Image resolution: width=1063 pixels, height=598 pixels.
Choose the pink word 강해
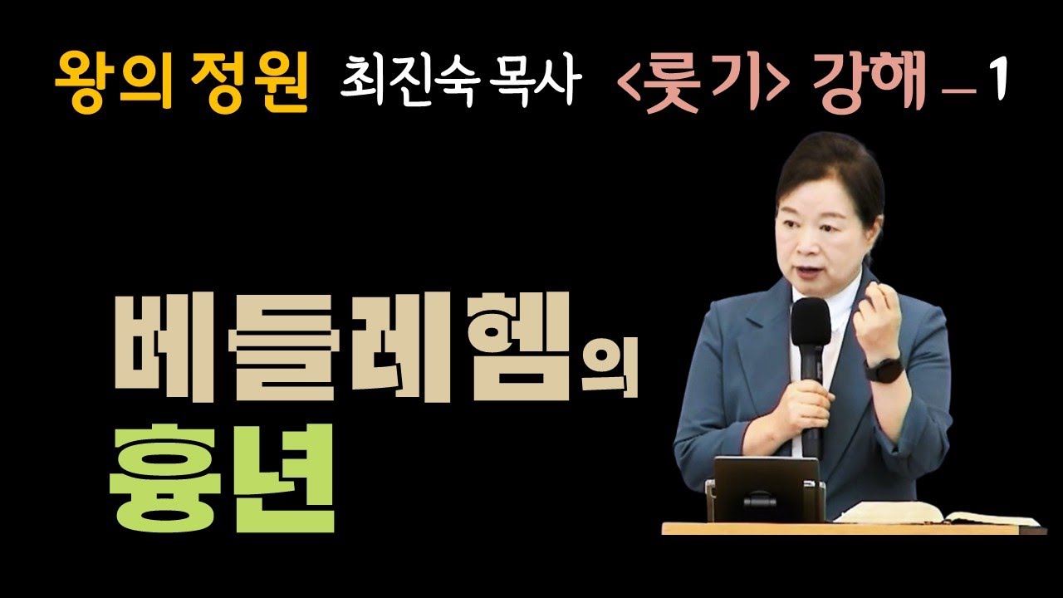click(x=870, y=81)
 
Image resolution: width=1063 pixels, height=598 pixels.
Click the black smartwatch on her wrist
click(x=884, y=370)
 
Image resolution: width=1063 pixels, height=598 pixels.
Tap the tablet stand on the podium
click(x=766, y=490)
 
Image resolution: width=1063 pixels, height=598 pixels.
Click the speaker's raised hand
click(x=876, y=317)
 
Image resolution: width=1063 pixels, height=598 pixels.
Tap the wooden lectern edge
click(x=855, y=528)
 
